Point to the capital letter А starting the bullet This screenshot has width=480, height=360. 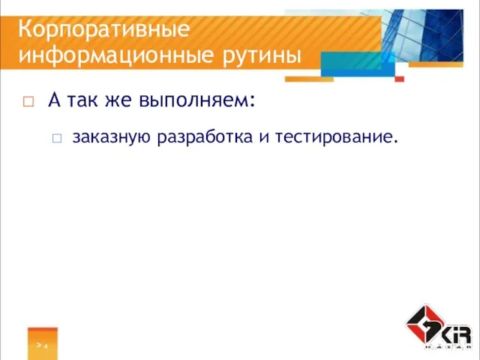coord(54,99)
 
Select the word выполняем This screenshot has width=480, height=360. coord(194,100)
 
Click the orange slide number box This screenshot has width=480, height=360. coord(42,343)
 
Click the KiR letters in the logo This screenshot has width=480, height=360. coord(456,333)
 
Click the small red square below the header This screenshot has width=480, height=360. coord(400,78)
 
